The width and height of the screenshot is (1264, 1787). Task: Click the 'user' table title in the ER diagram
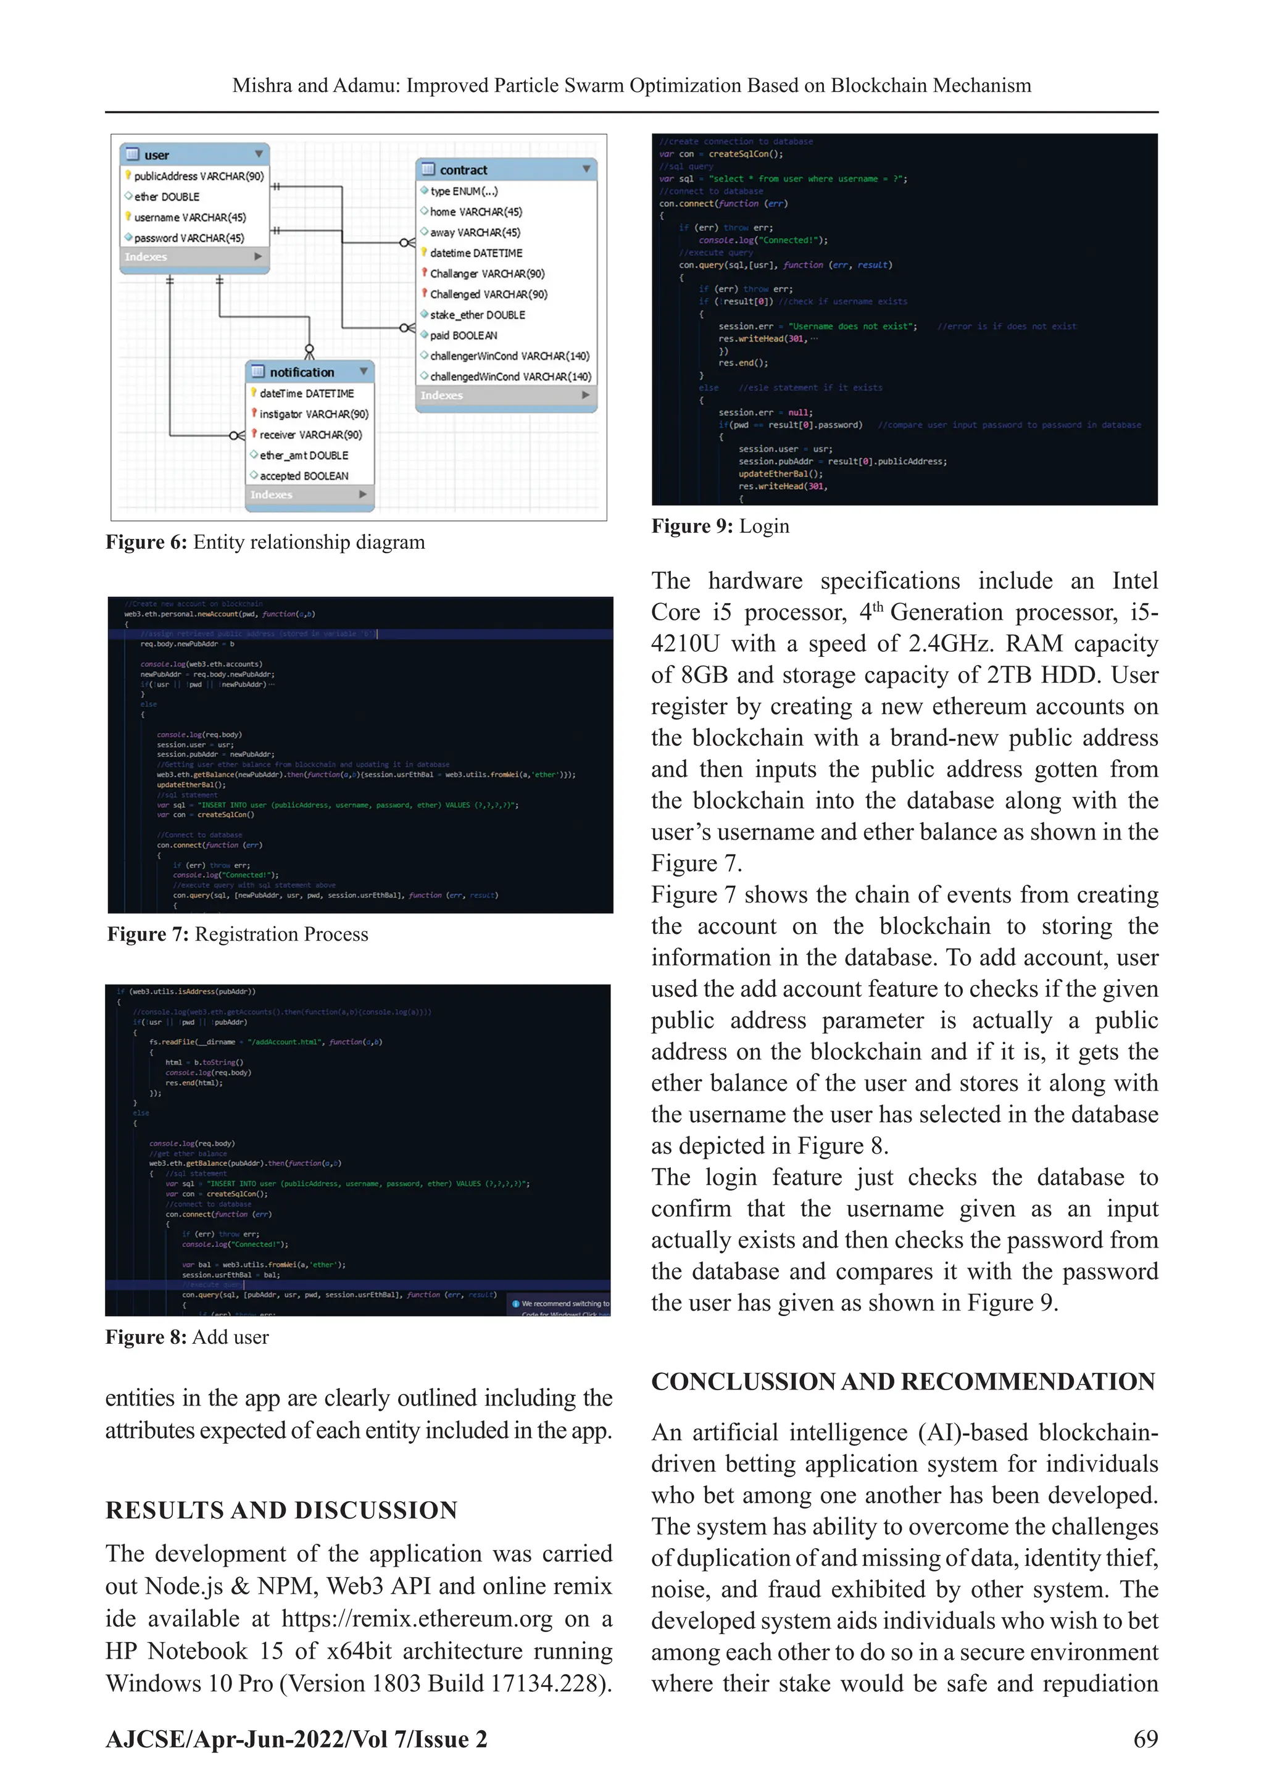click(156, 155)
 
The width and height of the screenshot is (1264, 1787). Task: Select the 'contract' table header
click(463, 170)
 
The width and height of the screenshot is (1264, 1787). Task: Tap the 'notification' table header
click(302, 372)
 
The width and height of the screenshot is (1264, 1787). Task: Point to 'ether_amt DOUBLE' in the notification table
click(304, 456)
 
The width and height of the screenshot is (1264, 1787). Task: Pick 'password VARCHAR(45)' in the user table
click(188, 238)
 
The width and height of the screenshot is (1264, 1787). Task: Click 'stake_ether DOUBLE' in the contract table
click(477, 314)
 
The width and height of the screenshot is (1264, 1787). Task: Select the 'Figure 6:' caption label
click(146, 543)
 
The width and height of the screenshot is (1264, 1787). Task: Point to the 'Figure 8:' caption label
click(146, 1337)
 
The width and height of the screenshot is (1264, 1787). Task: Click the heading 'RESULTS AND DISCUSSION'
click(281, 1510)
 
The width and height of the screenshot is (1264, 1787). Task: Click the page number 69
click(1145, 1739)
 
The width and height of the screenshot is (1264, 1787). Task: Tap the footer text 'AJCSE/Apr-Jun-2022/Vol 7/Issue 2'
click(296, 1739)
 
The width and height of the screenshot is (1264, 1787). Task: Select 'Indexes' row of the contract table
click(442, 396)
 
